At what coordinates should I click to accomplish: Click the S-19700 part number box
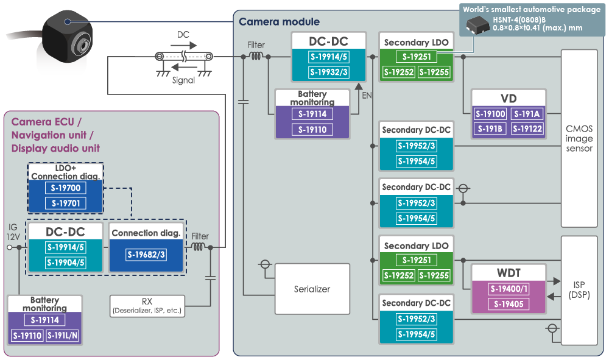click(65, 188)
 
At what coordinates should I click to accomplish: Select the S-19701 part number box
click(65, 203)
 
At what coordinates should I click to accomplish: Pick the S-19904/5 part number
click(65, 263)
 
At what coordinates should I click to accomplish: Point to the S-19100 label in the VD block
click(490, 114)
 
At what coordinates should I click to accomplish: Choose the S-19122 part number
click(527, 129)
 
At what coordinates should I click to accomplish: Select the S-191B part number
click(490, 129)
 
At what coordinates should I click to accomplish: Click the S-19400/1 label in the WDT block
click(509, 289)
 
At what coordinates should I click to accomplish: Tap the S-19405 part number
click(509, 304)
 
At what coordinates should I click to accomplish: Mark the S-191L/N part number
click(62, 336)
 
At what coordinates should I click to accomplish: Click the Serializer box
click(312, 289)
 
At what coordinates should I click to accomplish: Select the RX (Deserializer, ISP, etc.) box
click(147, 306)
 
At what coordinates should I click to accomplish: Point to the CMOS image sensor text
click(579, 138)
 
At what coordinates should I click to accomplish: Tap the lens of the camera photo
click(82, 45)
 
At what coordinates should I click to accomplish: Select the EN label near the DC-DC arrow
click(367, 96)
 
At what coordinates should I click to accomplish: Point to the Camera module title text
click(279, 22)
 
